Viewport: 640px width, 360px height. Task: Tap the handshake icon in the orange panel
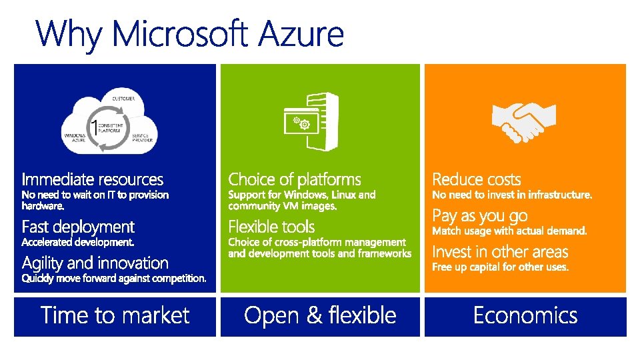coord(523,123)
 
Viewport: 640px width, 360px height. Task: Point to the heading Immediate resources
coord(92,179)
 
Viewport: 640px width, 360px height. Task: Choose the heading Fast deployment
coord(78,227)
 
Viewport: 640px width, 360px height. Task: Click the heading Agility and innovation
coord(95,263)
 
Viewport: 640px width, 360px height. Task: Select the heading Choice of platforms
coord(294,179)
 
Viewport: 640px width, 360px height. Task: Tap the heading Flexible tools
coord(271,227)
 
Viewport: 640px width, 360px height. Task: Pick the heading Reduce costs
coord(476,179)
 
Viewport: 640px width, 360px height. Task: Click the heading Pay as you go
coord(479,216)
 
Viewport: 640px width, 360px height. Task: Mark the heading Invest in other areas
coord(500,252)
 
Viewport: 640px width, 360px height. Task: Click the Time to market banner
coord(115,316)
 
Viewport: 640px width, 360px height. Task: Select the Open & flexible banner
coord(320,316)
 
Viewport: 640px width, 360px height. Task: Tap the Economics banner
coord(525,316)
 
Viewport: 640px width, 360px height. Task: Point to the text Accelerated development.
coord(78,241)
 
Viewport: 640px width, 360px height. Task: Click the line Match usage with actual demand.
coord(509,231)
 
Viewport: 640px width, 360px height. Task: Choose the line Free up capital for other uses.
coord(500,267)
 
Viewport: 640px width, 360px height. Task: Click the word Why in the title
coord(69,35)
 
